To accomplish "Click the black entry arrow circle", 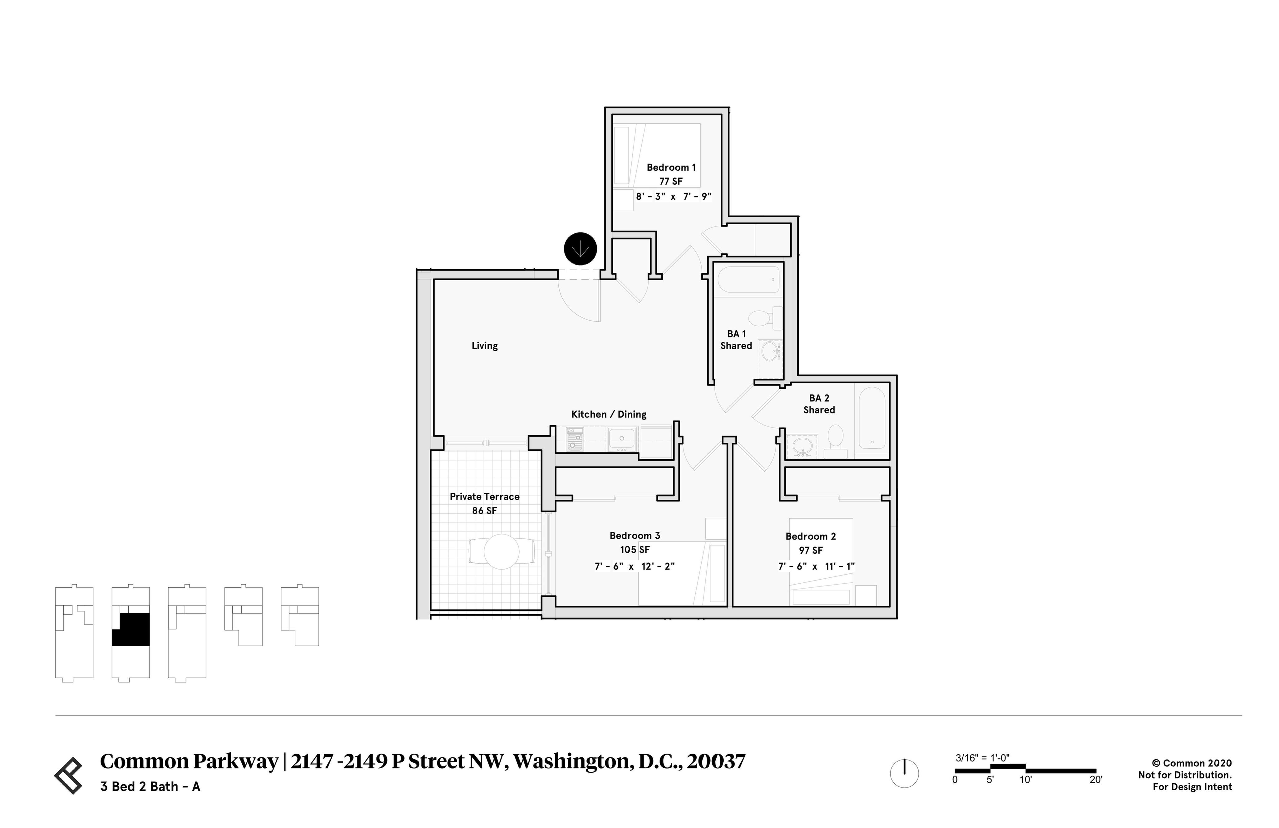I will pos(580,249).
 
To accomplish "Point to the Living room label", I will pos(485,346).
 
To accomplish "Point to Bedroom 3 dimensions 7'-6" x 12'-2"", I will pos(635,566).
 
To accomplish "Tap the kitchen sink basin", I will pos(621,438).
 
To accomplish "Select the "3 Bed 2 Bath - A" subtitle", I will pos(151,787).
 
